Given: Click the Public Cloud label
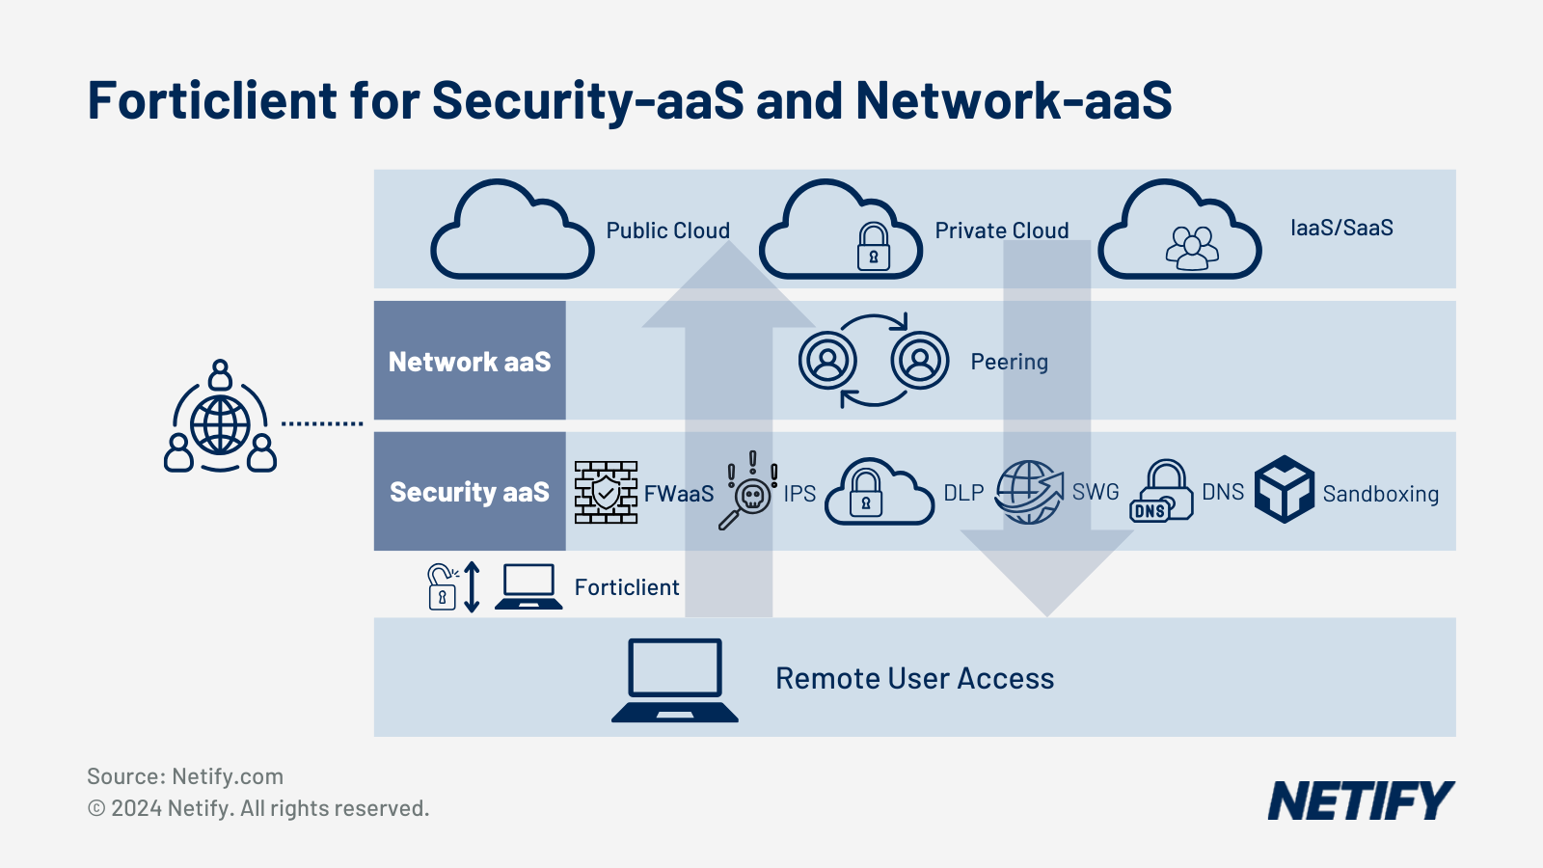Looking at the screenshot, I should pyautogui.click(x=667, y=231).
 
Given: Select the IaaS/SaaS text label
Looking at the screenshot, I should pyautogui.click(x=1341, y=229).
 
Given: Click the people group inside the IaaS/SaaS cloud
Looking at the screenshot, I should pyautogui.click(x=1192, y=248).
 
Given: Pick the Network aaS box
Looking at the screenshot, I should pyautogui.click(x=470, y=361).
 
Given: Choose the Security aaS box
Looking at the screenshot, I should pyautogui.click(x=470, y=492).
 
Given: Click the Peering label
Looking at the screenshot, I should pyautogui.click(x=1009, y=362).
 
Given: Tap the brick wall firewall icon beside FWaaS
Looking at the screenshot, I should pyautogui.click(x=606, y=492).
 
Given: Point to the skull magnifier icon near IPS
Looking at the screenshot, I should pyautogui.click(x=748, y=492).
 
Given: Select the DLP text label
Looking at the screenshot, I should pyautogui.click(x=963, y=493).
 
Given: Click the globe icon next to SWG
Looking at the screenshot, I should pyautogui.click(x=1029, y=492).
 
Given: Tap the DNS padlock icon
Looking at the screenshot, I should pyautogui.click(x=1161, y=492).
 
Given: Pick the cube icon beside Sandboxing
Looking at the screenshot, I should pyautogui.click(x=1285, y=490).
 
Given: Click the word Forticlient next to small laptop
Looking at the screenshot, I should pyautogui.click(x=627, y=587).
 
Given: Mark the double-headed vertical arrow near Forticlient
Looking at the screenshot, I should pyautogui.click(x=472, y=586).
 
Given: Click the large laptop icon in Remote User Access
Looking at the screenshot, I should pyautogui.click(x=675, y=680).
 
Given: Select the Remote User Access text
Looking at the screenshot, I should pyautogui.click(x=914, y=679).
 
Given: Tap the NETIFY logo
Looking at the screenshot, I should pyautogui.click(x=1360, y=801).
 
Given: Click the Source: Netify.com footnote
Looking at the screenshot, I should pyautogui.click(x=185, y=776).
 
